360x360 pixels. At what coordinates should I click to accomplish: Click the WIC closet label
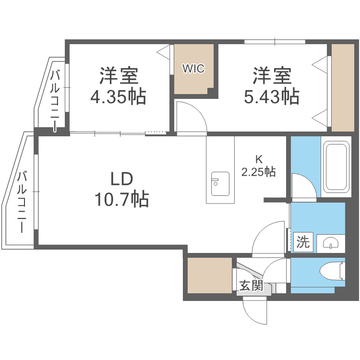(x=193, y=69)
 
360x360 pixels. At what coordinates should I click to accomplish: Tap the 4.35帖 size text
(x=118, y=97)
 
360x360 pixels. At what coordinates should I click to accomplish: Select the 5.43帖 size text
(x=272, y=97)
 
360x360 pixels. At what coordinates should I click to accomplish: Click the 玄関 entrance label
(x=251, y=286)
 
